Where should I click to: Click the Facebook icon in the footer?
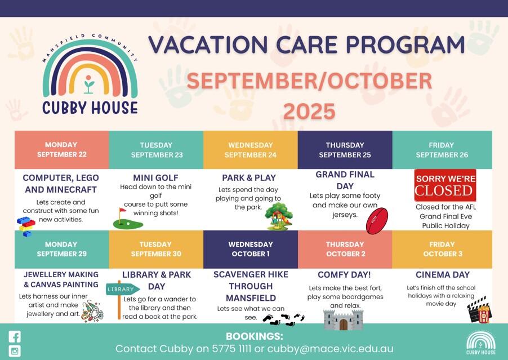coord(15,337)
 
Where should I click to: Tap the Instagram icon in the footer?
coord(15,351)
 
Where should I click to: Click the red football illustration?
coord(377,221)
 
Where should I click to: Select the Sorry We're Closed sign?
coord(445,185)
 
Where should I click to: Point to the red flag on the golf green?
coord(122,211)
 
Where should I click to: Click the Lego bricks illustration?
coord(26,226)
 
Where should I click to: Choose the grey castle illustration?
coord(344,319)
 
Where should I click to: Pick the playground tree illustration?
coord(278,216)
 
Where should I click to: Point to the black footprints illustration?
coord(283,319)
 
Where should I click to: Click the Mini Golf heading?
coord(155,177)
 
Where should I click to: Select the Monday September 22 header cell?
coord(61,150)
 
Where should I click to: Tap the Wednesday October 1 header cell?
coord(251,249)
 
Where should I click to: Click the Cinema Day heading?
coord(443,274)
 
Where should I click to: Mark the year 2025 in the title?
coord(309,111)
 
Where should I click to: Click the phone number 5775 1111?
coord(231,349)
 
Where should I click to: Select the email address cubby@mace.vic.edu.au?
coord(330,349)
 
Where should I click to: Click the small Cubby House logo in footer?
coord(481,343)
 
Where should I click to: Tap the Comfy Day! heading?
coord(344,274)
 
